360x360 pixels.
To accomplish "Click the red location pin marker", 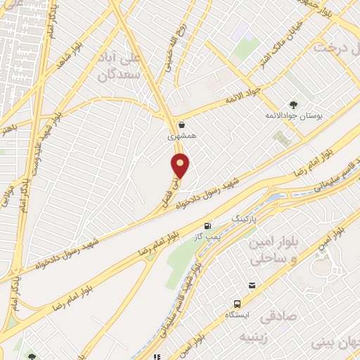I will [x=181, y=165].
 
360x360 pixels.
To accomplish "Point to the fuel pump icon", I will [x=207, y=226].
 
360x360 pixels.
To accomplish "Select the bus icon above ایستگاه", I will [x=238, y=304].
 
